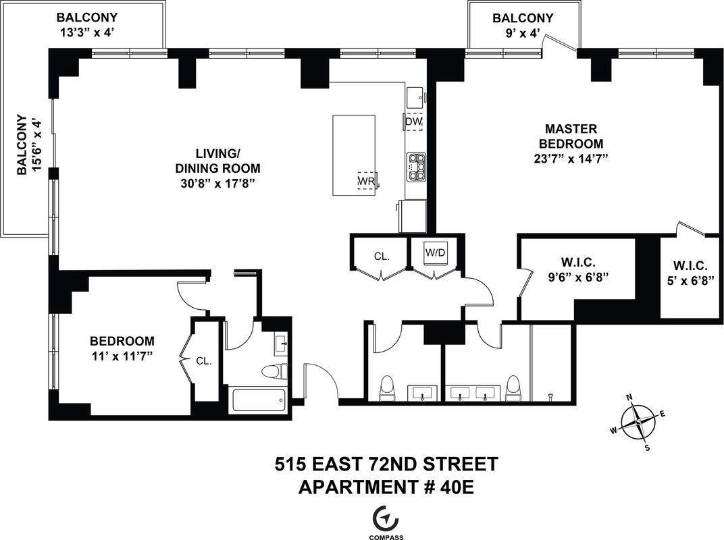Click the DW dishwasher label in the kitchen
[413, 122]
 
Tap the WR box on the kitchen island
[366, 181]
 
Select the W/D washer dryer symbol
[435, 252]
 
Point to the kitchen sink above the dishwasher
[415, 97]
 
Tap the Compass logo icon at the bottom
[386, 518]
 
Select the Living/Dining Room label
[217, 161]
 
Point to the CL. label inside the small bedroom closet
[204, 361]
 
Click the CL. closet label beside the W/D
[382, 256]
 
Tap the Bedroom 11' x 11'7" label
[122, 348]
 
